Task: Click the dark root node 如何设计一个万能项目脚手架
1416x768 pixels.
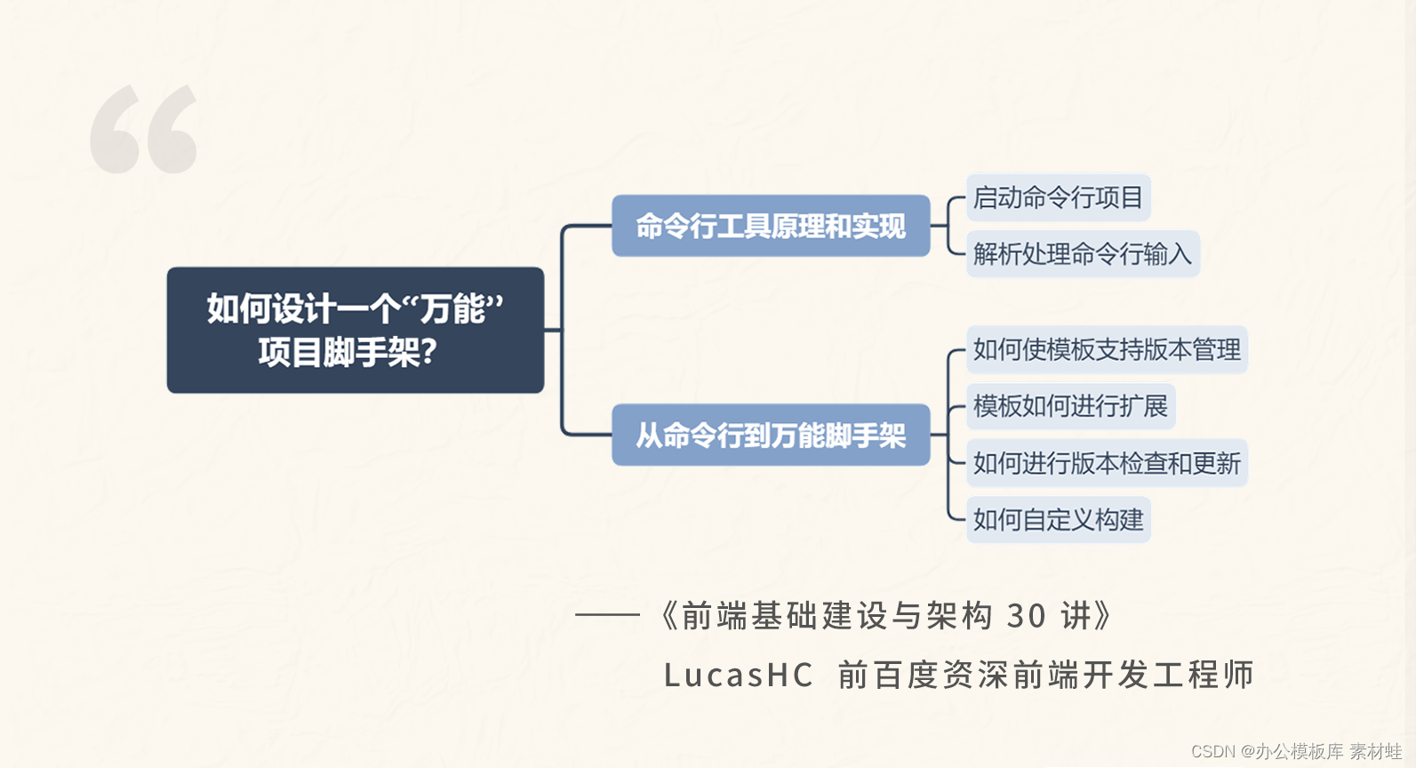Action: coord(355,330)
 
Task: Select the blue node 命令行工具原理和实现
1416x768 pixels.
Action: coord(771,226)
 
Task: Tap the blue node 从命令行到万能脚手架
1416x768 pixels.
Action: coord(771,435)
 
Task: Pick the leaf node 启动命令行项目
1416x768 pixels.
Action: coord(1058,197)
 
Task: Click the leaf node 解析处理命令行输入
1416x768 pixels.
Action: coord(1082,254)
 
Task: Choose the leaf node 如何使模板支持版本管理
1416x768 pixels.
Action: coord(1107,349)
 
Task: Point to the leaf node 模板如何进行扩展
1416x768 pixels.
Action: coord(1070,406)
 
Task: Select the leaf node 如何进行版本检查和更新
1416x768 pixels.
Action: coord(1107,463)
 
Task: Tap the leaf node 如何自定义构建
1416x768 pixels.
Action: coord(1058,519)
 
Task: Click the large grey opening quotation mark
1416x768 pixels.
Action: coord(143,130)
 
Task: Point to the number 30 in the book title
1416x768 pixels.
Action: coord(1026,615)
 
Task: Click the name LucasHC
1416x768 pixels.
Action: coord(738,676)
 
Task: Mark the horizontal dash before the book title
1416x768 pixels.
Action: coord(607,614)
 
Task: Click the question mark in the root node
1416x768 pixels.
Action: coord(428,353)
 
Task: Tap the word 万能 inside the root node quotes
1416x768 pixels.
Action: coord(453,309)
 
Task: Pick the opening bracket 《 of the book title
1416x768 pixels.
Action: coord(668,615)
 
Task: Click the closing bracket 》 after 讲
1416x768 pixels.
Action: coord(1102,615)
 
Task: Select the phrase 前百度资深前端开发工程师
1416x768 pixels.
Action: coord(1045,676)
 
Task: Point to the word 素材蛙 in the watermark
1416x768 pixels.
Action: coord(1375,752)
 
